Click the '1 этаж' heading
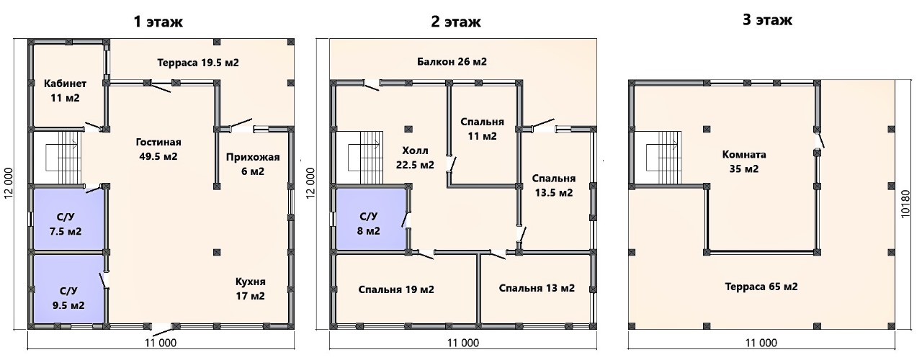[158, 22]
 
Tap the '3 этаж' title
[767, 19]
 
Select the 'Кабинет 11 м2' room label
[65, 91]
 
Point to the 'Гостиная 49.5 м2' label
[158, 149]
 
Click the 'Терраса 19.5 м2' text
[198, 63]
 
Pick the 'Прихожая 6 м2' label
[253, 163]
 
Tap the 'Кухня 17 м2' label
[250, 289]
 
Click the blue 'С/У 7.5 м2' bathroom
[68, 218]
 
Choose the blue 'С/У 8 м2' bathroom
[371, 218]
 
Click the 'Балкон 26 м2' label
[452, 61]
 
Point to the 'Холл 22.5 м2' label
[415, 158]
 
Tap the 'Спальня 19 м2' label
[396, 289]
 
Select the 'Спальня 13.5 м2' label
[554, 186]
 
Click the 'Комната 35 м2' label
[744, 162]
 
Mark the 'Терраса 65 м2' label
[761, 287]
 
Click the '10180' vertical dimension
[905, 203]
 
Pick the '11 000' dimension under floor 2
[463, 343]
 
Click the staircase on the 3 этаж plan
[658, 158]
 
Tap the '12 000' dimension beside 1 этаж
[9, 183]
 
